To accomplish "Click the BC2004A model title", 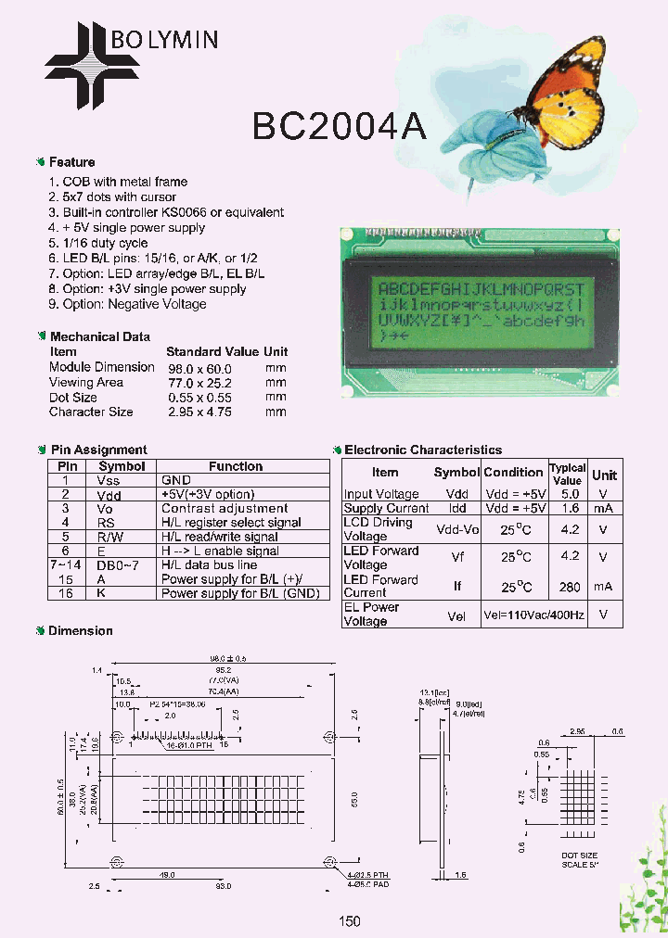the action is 340,126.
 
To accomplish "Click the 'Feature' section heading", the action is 71,162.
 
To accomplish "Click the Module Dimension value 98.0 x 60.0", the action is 199,367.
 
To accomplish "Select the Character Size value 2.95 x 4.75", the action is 199,412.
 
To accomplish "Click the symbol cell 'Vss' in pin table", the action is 109,480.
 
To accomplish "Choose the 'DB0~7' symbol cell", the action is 109,564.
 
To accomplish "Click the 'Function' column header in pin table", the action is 236,466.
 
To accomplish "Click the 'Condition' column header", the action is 513,473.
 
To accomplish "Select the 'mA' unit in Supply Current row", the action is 604,508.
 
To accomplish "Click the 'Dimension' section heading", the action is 80,631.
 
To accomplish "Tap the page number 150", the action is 349,921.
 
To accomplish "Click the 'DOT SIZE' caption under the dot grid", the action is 580,855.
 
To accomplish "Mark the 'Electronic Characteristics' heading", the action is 423,450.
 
